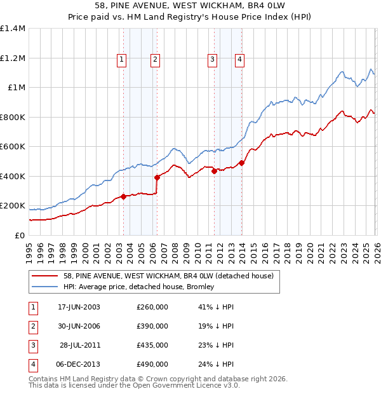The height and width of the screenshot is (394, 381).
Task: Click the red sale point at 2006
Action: click(x=157, y=178)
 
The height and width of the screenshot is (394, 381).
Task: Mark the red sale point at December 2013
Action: click(x=242, y=163)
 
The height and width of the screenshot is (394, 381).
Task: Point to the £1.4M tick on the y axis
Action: click(x=13, y=29)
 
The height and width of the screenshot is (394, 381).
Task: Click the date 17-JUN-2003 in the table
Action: click(x=79, y=307)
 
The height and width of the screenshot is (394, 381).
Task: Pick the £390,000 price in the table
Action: click(x=152, y=326)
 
